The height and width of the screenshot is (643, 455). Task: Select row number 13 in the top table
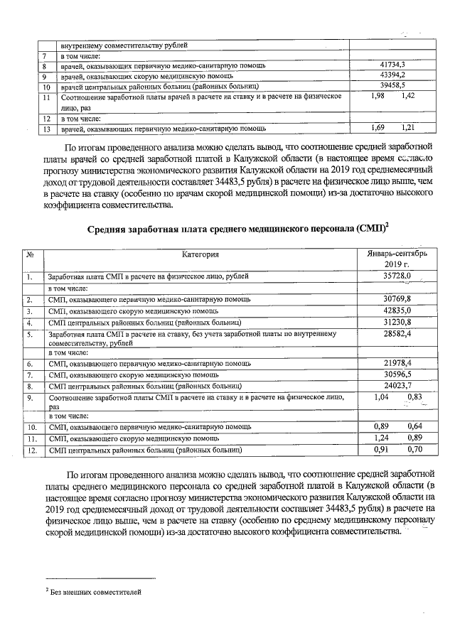coord(45,129)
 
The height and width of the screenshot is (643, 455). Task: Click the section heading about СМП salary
coord(237,229)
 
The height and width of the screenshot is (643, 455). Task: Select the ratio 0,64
coord(414,426)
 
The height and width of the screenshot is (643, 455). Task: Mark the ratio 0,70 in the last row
coord(414,449)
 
